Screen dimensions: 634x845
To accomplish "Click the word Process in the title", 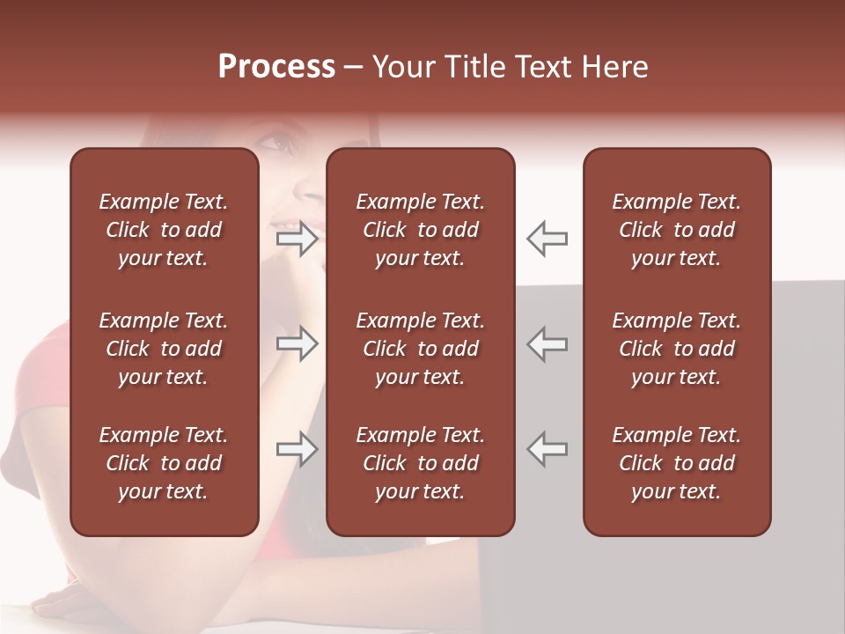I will pos(276,67).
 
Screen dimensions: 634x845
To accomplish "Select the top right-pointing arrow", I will pos(297,238).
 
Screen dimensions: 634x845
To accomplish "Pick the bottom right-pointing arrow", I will pos(297,449).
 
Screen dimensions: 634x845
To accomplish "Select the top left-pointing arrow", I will pos(547,238).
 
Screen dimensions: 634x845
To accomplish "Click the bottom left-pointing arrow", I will pos(547,449).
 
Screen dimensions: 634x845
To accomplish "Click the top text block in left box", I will pos(164,230).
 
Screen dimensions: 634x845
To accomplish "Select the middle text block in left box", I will pos(164,349).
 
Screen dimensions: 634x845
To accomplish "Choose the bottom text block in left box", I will pos(164,463).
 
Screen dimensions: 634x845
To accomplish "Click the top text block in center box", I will pos(420,230).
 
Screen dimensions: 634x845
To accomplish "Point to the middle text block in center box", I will pos(420,349).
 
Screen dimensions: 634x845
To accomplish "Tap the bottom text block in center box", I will pos(420,463).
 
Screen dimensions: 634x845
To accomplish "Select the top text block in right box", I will pos(676,230).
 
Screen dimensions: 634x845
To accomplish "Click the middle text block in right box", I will pos(676,349).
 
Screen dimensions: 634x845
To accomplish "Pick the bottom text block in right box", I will pos(676,463).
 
